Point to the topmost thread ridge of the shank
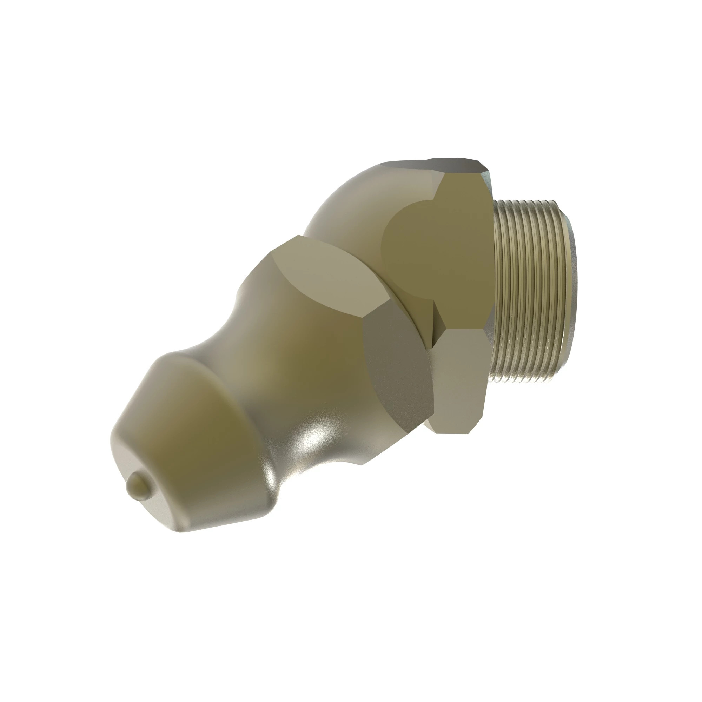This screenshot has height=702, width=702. (x=527, y=202)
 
